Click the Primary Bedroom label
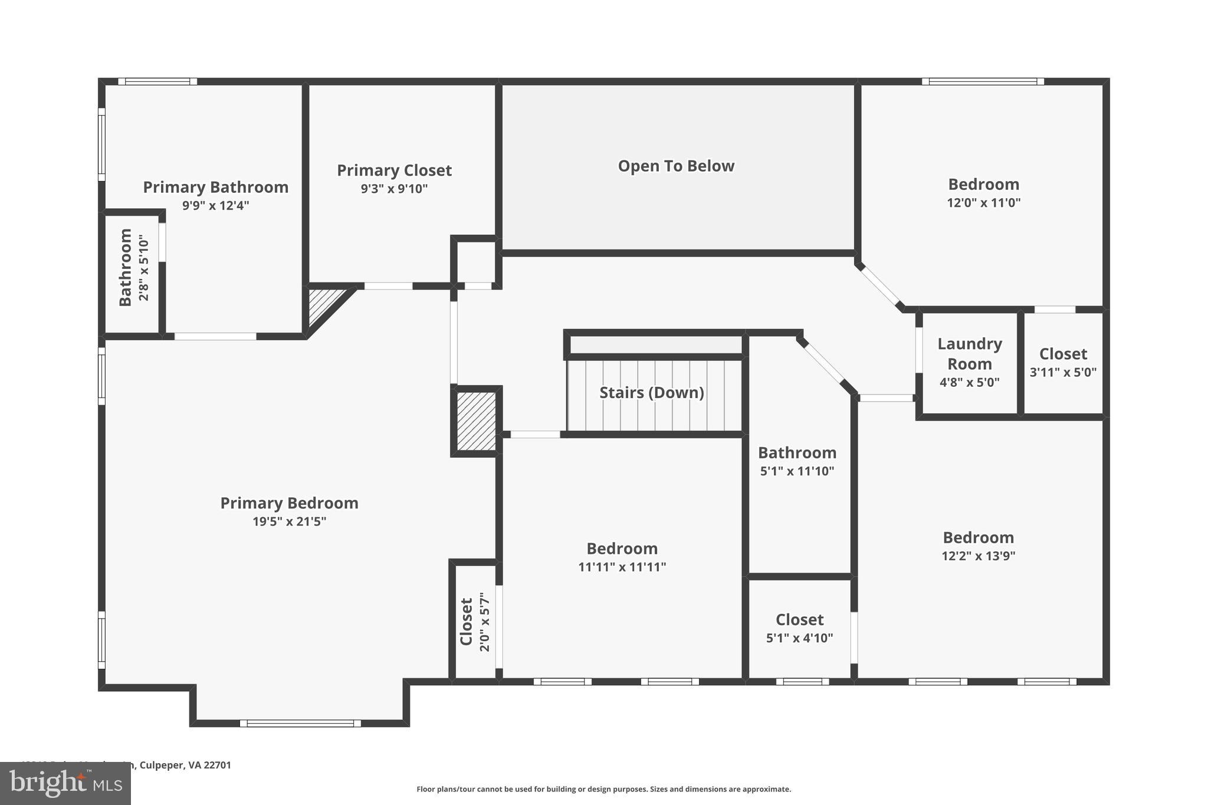289,503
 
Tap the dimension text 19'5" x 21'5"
289,521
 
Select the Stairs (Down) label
652,393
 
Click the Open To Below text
676,166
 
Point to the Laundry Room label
969,354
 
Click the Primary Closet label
394,170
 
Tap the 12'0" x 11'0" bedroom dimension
983,203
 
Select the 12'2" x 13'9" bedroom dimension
978,556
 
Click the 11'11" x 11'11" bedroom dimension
622,567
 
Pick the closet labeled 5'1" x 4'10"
799,628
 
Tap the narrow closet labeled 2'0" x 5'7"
475,622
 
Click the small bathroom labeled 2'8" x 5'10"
133,268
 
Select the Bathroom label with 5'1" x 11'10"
797,453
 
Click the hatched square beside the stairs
476,421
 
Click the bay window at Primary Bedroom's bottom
300,723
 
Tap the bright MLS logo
65,783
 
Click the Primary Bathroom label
215,188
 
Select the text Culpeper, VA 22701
185,765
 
